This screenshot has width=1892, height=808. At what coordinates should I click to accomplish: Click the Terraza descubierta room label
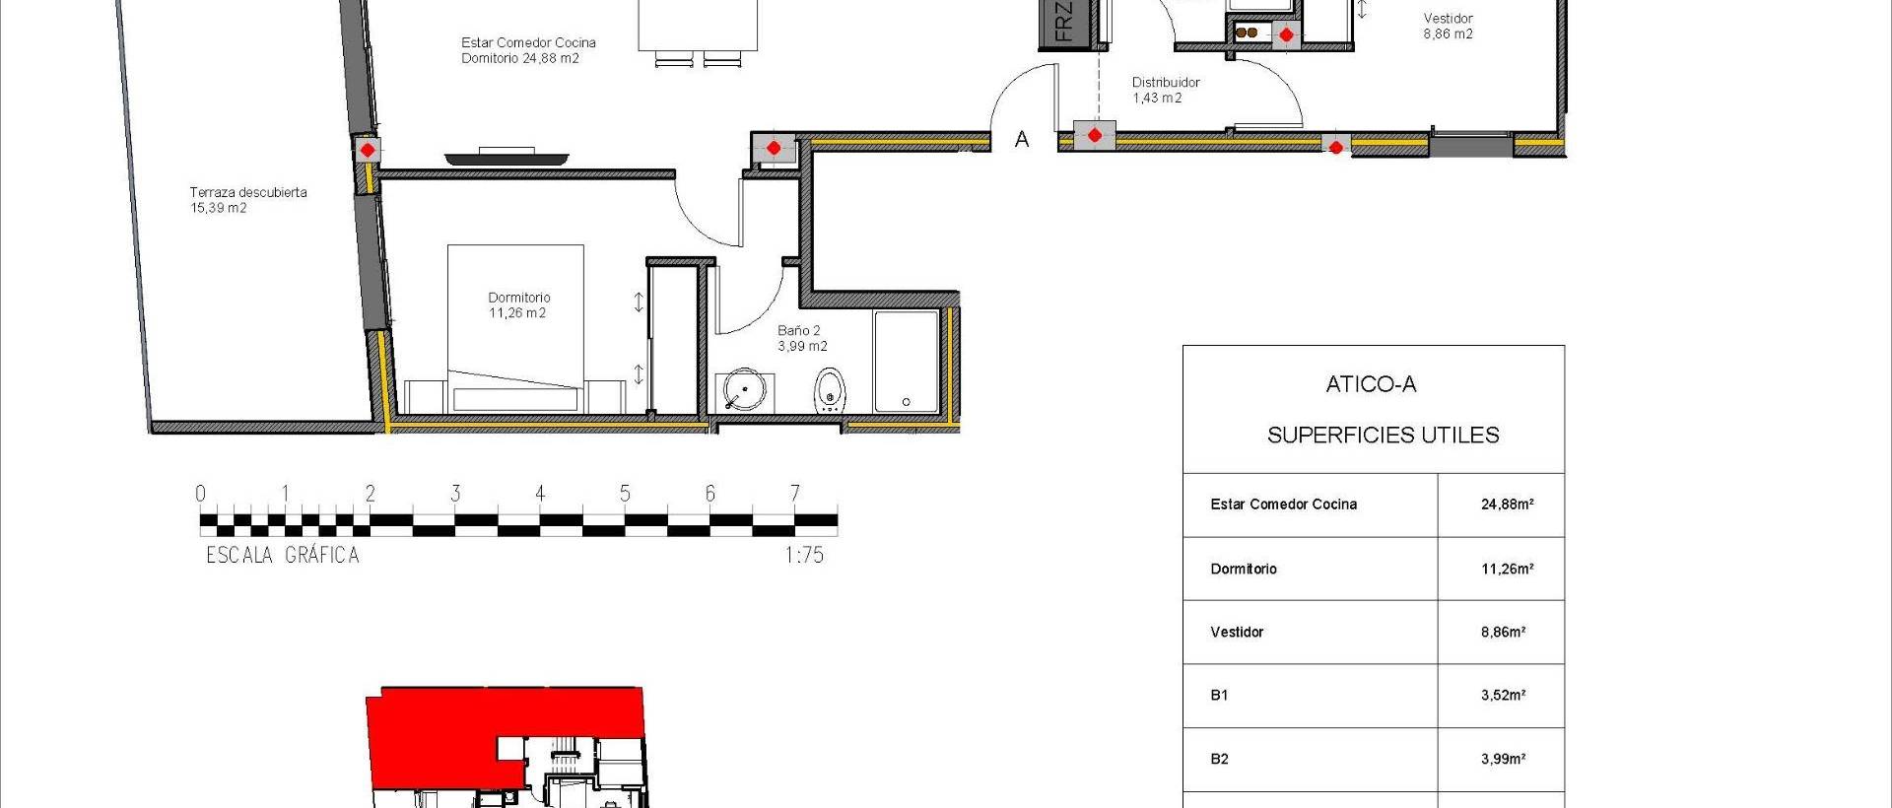(248, 200)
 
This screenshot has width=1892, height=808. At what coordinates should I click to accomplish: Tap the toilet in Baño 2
(830, 390)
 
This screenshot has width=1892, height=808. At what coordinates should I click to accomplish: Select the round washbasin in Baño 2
(743, 390)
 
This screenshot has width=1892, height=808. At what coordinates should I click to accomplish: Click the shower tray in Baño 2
(907, 362)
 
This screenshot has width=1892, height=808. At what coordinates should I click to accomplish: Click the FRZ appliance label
(1062, 22)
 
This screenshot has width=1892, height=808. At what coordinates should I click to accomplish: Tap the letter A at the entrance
(1022, 140)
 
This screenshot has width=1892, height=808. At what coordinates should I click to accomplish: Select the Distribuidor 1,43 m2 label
(1165, 90)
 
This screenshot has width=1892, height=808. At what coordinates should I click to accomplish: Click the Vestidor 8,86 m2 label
(1448, 26)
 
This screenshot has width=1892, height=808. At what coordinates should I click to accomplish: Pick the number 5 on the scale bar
(625, 493)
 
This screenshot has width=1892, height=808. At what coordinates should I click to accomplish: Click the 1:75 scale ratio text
(804, 555)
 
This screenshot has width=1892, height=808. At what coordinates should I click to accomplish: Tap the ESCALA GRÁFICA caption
(283, 555)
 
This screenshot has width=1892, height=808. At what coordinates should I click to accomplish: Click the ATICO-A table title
(1371, 384)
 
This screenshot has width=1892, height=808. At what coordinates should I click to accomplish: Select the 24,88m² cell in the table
(1506, 505)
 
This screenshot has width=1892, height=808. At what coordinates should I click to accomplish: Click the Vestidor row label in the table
(1237, 632)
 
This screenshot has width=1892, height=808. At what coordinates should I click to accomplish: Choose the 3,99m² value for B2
(1503, 759)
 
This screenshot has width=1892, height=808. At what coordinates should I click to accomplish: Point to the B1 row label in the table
(1219, 695)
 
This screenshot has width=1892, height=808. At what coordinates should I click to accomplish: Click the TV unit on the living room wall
(507, 156)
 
